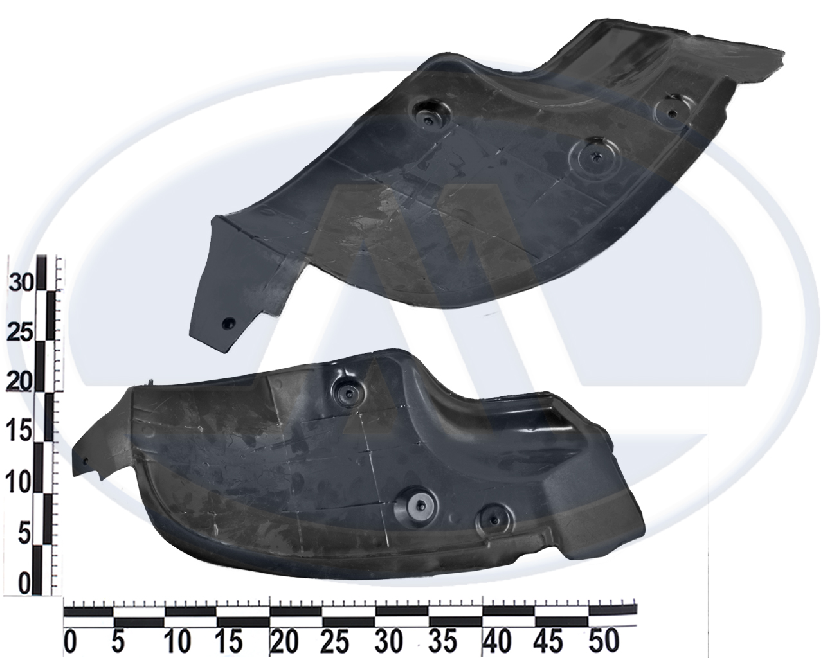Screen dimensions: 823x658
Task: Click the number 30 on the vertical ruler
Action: pyautogui.click(x=21, y=283)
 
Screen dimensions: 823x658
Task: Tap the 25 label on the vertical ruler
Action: pyautogui.click(x=21, y=333)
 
